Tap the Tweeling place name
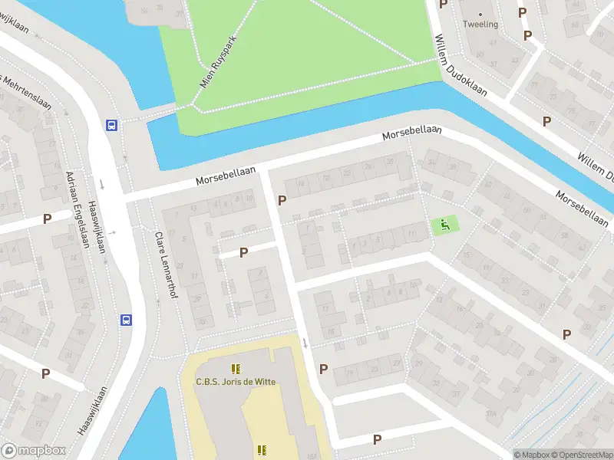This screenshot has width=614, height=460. point(480,24)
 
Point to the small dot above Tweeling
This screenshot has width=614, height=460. point(480,14)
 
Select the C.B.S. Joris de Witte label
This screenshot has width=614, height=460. point(236,382)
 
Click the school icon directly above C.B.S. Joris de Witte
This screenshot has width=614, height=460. point(235,369)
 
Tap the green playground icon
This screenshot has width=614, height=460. point(443,225)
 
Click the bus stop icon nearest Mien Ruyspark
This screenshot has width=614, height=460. point(112,126)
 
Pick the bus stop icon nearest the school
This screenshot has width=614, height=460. point(126,320)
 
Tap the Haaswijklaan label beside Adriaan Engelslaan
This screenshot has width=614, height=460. point(96,222)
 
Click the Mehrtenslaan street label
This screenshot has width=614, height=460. point(26,92)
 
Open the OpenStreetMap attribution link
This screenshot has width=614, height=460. point(581,455)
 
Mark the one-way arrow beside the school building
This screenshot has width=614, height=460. point(305,343)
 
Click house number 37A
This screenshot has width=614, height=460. point(490,415)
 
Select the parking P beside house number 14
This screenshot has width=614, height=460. point(282,201)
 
